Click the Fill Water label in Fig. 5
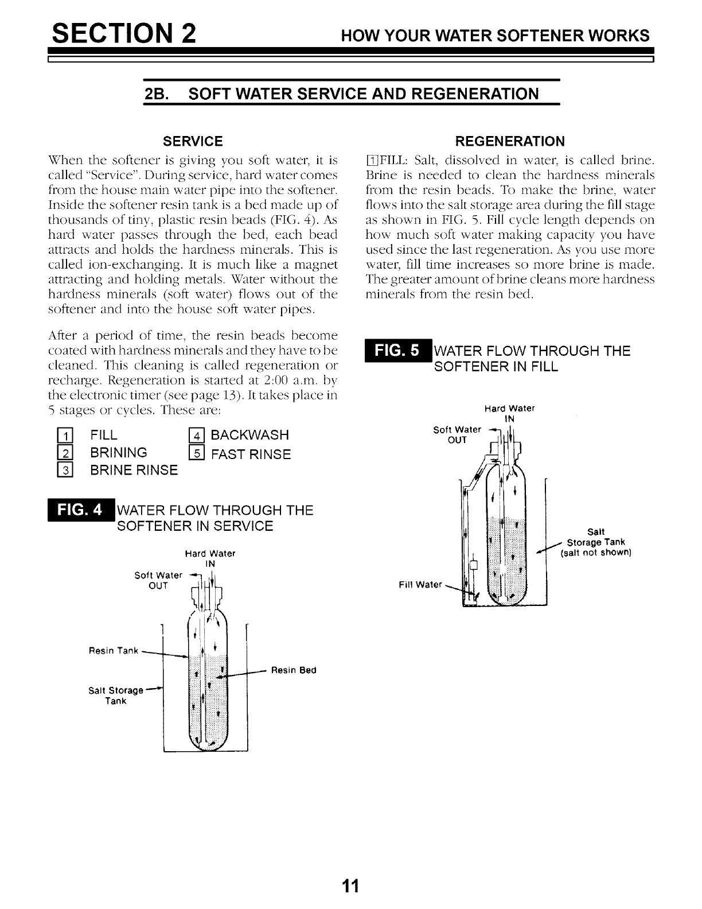420,585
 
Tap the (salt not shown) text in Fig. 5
595,553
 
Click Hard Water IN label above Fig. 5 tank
509,413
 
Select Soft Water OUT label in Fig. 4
158,580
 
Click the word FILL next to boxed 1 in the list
104,435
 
